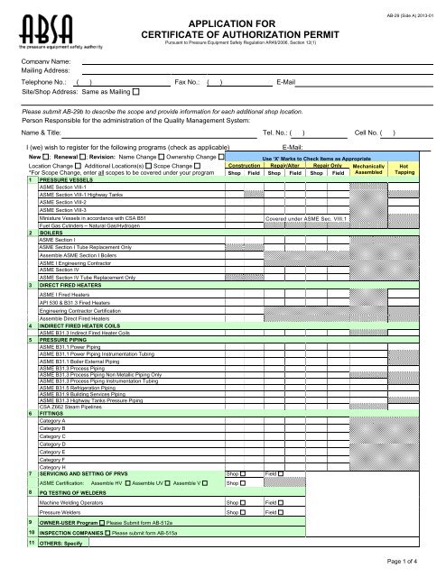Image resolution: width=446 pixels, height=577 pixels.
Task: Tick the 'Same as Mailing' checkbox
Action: [136, 92]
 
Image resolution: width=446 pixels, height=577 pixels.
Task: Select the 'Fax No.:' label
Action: [187, 81]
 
